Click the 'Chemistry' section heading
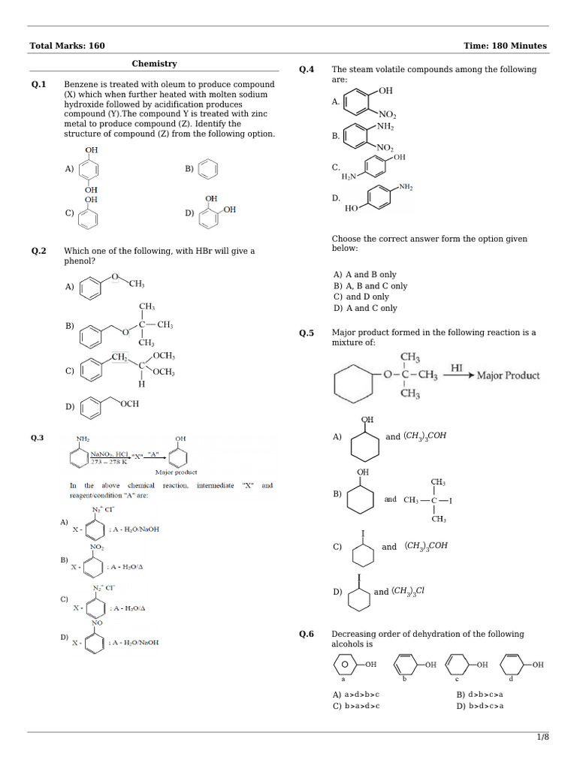coord(154,65)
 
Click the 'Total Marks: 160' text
coord(67,46)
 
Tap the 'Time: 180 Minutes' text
coord(505,46)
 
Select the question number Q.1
coord(39,84)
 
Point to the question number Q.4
coord(307,69)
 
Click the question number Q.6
coord(307,634)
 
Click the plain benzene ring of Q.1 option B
coord(210,170)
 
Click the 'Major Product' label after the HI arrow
coord(508,375)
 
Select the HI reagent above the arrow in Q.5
coord(456,368)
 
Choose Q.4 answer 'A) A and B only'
coord(365,275)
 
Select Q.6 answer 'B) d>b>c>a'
coord(480,695)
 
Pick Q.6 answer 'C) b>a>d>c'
coord(357,706)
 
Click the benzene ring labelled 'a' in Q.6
coord(345,665)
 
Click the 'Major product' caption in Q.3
coord(176,472)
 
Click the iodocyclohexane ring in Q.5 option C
coord(364,554)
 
